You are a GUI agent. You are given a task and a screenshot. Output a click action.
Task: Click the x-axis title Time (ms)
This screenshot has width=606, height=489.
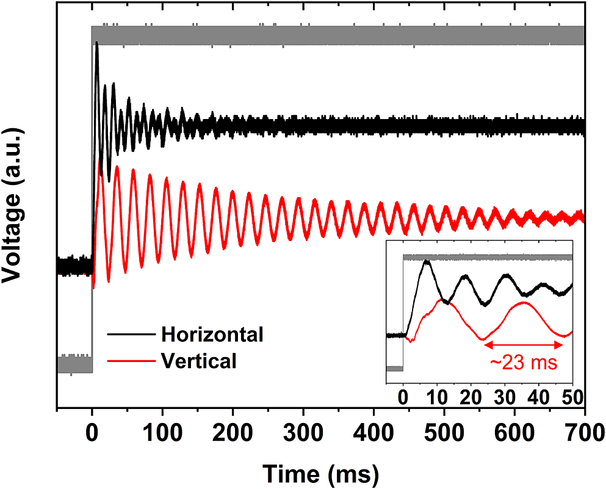[320, 473]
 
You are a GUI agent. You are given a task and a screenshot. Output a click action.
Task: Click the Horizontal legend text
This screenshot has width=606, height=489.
[212, 335]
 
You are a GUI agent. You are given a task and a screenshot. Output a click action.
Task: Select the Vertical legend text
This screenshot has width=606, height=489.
[199, 361]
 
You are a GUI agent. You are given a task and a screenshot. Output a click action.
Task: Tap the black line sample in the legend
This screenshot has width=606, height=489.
[130, 335]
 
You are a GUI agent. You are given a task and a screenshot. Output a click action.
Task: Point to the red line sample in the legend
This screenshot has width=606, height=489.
[130, 361]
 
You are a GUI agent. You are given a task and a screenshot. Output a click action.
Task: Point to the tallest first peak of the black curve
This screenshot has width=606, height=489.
[96, 43]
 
